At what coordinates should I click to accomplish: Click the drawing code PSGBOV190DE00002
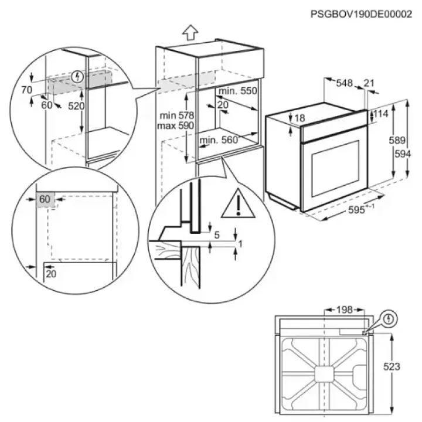[x=361, y=14]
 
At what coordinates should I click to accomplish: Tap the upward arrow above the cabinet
[x=190, y=32]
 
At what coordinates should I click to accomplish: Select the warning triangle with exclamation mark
[x=238, y=203]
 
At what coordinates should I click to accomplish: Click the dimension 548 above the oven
[x=344, y=83]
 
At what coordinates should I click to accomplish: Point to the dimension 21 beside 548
[x=369, y=83]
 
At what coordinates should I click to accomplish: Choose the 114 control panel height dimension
[x=380, y=114]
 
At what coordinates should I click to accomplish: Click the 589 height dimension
[x=397, y=140]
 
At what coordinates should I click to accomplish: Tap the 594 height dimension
[x=403, y=154]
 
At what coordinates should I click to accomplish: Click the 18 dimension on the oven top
[x=300, y=118]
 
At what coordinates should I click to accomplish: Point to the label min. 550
[x=237, y=91]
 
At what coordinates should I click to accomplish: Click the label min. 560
[x=219, y=140]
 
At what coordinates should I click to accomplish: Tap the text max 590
[x=175, y=125]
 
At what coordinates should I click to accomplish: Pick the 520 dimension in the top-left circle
[x=76, y=106]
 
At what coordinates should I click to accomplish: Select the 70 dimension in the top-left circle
[x=26, y=90]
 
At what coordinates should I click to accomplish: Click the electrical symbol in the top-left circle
[x=78, y=77]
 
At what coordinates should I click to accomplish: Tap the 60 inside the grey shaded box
[x=45, y=199]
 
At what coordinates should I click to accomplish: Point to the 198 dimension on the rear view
[x=344, y=310]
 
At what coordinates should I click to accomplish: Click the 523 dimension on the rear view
[x=392, y=366]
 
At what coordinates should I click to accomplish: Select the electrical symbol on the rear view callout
[x=389, y=319]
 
